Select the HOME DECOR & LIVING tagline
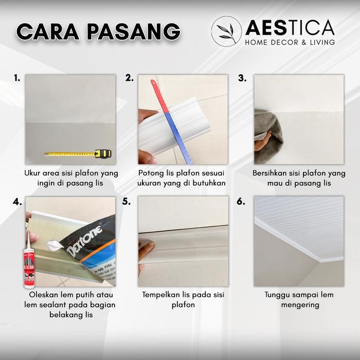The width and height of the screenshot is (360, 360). coord(290,42)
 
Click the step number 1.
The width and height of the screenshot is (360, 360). coord(17,78)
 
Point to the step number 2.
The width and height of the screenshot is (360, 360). coord(130,78)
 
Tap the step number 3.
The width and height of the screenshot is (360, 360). coord(242,78)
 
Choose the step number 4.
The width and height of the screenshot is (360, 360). coord(17,201)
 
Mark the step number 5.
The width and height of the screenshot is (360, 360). coord(127,201)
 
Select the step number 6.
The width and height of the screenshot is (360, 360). coord(241,201)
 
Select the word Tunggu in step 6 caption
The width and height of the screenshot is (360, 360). coord(279,295)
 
